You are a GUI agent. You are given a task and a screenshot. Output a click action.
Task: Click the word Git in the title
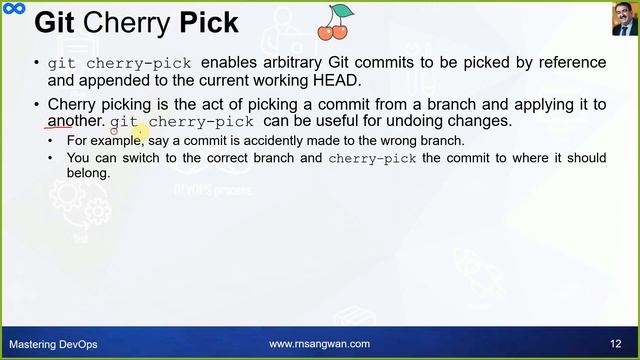coord(58,23)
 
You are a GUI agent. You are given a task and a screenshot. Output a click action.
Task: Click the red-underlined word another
coord(76,121)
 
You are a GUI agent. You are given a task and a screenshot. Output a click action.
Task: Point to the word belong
coord(88,173)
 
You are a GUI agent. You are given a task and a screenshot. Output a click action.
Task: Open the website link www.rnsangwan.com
coord(319,344)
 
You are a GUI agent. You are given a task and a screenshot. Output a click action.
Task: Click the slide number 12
coord(615,344)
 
